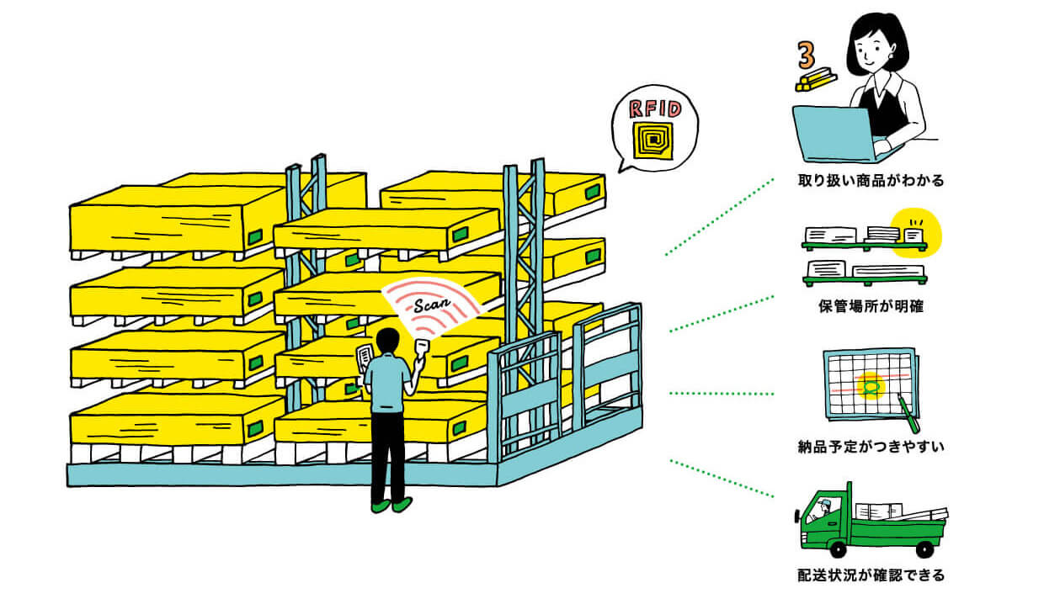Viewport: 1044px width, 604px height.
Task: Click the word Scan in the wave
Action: point(430,297)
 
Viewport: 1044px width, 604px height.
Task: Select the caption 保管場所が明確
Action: point(871,306)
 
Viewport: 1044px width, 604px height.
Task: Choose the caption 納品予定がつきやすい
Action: point(871,446)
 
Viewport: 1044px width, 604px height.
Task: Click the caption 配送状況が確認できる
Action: point(871,576)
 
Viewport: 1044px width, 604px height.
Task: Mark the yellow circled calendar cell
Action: point(871,386)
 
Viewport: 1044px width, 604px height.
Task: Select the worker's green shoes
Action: point(391,505)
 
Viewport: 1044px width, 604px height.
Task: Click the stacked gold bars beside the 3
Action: point(816,82)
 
